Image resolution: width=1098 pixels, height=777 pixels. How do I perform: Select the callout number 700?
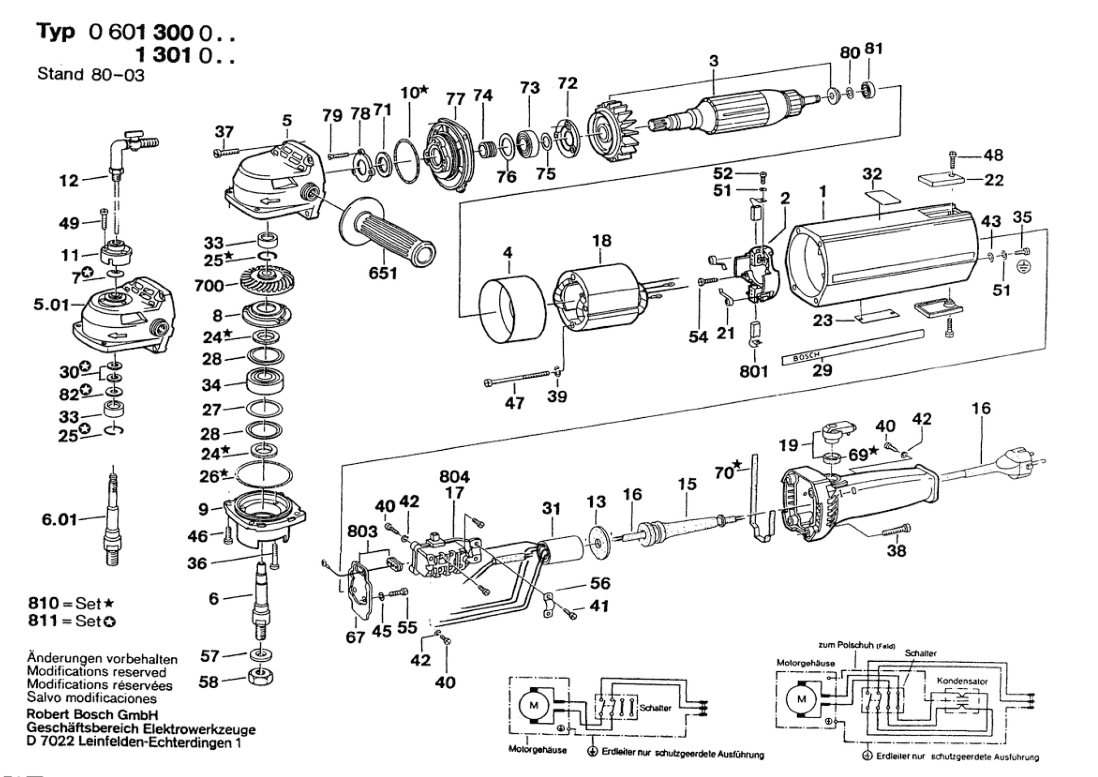(x=209, y=286)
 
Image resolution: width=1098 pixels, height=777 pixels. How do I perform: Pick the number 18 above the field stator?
(x=602, y=241)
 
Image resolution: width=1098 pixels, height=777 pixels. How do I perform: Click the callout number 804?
(x=454, y=477)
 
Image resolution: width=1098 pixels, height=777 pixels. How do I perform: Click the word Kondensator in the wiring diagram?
(x=962, y=681)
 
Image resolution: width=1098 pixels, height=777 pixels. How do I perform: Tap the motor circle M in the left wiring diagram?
(x=533, y=705)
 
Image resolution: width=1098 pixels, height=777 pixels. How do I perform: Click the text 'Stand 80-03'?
(x=90, y=74)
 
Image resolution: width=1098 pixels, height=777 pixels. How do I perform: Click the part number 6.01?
(x=59, y=520)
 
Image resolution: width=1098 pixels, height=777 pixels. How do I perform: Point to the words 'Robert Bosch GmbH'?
(x=92, y=715)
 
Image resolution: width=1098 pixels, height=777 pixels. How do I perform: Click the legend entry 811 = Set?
(x=72, y=621)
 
